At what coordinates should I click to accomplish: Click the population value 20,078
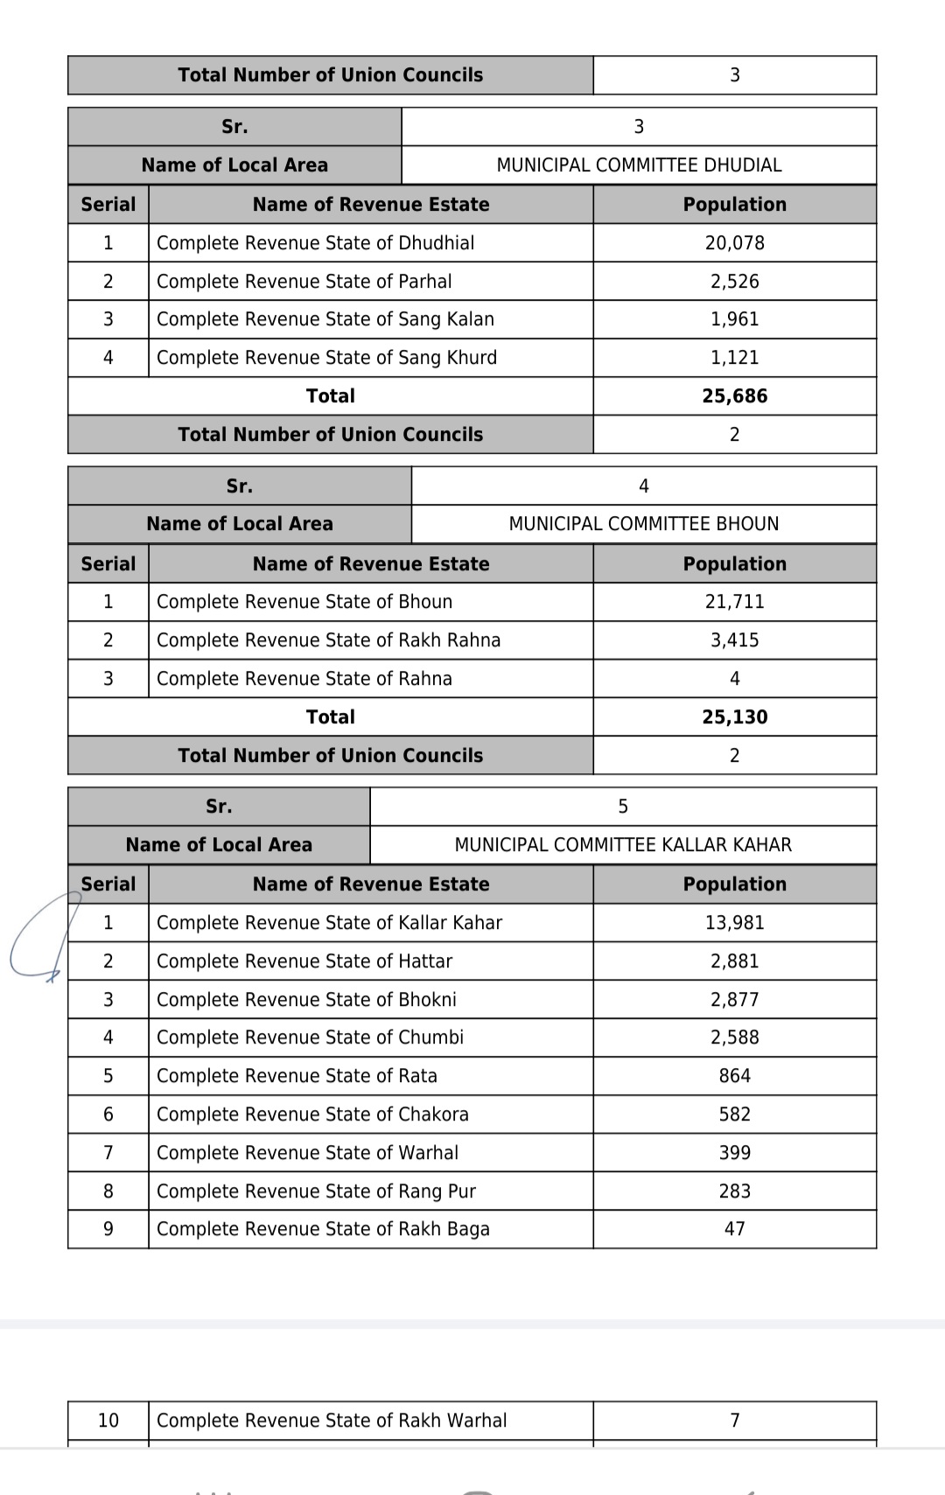click(734, 243)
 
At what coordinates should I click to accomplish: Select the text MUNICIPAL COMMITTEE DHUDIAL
click(639, 165)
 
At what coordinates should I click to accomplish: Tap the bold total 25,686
click(734, 396)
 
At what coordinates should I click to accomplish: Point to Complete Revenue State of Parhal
click(304, 282)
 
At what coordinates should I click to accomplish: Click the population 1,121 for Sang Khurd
click(734, 358)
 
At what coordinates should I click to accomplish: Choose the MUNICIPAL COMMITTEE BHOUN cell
click(643, 524)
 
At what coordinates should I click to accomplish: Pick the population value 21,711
click(734, 602)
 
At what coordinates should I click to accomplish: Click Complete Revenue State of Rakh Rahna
click(328, 640)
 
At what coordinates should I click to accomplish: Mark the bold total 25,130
click(734, 717)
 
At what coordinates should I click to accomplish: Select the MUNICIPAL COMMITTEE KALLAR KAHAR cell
click(623, 845)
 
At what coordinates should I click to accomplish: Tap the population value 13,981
click(734, 923)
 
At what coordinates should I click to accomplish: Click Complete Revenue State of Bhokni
click(306, 1000)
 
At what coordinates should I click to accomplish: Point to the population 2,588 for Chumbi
click(734, 1037)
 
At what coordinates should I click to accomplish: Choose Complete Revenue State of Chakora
click(312, 1114)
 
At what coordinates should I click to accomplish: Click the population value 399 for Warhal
click(734, 1153)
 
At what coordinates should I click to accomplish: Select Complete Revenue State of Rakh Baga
click(323, 1229)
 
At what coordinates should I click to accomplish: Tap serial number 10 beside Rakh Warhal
click(108, 1421)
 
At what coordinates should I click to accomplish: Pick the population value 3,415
click(734, 640)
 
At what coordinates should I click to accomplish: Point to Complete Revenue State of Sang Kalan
click(325, 319)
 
